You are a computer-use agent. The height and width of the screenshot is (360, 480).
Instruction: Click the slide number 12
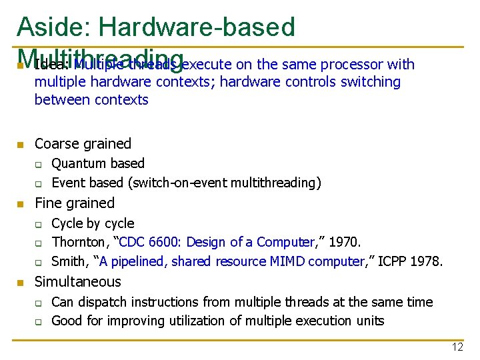(457, 347)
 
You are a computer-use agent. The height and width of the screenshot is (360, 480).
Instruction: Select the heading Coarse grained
(83, 143)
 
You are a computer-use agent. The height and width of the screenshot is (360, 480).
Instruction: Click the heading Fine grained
(74, 203)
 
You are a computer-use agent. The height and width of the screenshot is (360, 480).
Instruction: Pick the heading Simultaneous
(77, 281)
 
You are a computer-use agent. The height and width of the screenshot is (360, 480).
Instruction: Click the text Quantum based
(98, 163)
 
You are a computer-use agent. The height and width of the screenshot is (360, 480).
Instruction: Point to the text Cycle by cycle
(93, 223)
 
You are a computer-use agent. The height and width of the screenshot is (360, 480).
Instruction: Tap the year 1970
(345, 242)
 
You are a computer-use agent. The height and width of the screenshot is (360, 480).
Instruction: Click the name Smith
(69, 261)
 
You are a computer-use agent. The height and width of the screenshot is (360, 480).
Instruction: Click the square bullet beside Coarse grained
(21, 144)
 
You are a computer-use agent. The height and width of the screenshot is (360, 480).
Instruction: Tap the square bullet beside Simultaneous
(21, 282)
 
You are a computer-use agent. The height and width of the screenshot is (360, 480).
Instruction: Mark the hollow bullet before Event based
(39, 183)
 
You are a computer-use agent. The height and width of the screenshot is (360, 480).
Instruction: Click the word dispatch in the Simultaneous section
(101, 302)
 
